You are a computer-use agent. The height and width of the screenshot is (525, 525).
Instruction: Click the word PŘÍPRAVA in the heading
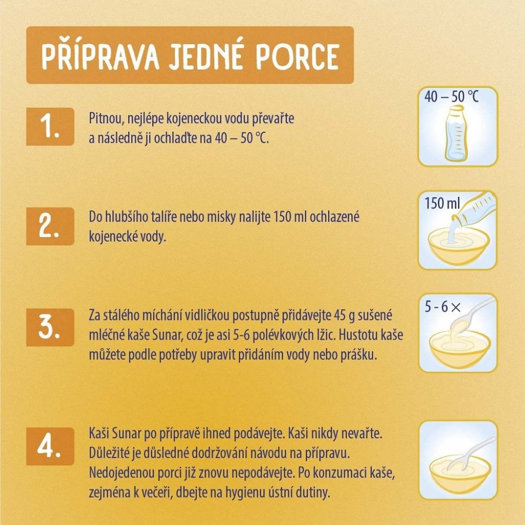tap(100, 56)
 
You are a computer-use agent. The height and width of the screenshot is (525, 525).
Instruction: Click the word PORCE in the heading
tap(297, 56)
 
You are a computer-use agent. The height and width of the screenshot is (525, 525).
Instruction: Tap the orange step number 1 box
tap(50, 127)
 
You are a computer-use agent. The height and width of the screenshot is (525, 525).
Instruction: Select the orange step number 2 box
tap(50, 226)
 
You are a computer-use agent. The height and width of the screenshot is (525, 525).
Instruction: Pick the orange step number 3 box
tap(50, 327)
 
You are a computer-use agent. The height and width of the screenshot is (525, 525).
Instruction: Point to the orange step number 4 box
tap(50, 446)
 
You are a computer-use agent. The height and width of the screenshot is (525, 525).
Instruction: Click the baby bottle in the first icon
tap(457, 133)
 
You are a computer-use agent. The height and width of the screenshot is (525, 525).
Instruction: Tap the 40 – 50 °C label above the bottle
tap(451, 97)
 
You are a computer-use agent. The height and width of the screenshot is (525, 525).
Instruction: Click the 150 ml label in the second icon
tap(442, 203)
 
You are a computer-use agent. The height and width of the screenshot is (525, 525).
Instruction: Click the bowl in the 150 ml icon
tap(459, 246)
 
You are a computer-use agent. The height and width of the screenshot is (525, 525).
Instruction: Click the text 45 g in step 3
tap(344, 316)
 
